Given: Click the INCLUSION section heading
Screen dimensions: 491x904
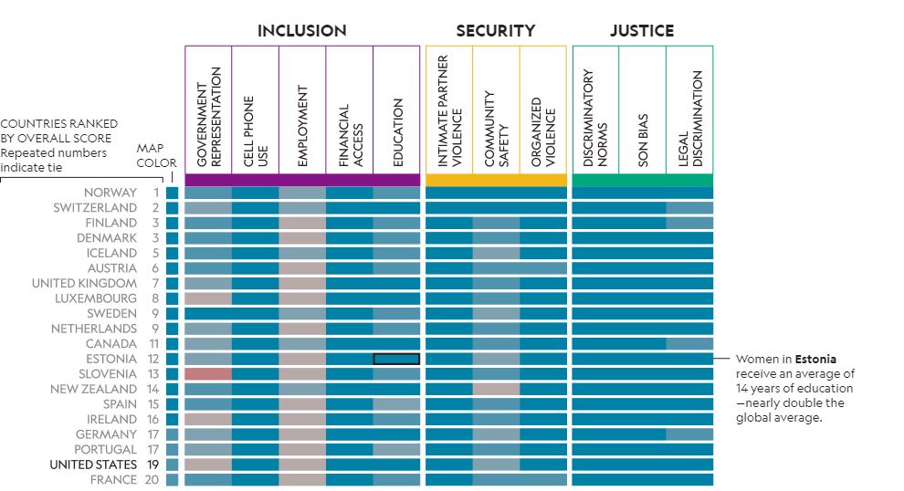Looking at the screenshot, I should click(301, 31).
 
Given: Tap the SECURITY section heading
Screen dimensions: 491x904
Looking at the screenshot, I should click(495, 31).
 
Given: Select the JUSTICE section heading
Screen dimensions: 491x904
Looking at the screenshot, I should click(642, 31).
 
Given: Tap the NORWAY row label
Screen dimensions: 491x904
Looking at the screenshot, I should click(110, 193).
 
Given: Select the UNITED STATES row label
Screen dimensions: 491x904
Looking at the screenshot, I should click(92, 465).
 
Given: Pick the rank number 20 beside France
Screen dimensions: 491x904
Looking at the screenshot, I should click(152, 480).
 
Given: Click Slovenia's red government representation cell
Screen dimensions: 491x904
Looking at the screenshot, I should click(208, 374).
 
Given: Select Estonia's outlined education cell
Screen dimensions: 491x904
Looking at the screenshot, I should click(396, 359).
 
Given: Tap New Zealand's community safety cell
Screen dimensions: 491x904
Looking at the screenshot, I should click(496, 389).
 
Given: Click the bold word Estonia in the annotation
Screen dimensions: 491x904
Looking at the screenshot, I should click(815, 359).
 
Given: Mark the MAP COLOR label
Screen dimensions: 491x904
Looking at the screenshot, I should click(156, 155).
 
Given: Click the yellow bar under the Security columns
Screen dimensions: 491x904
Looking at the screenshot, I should click(496, 180).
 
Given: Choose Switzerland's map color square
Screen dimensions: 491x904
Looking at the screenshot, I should click(173, 208).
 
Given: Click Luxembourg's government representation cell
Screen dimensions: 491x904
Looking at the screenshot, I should click(208, 298).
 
